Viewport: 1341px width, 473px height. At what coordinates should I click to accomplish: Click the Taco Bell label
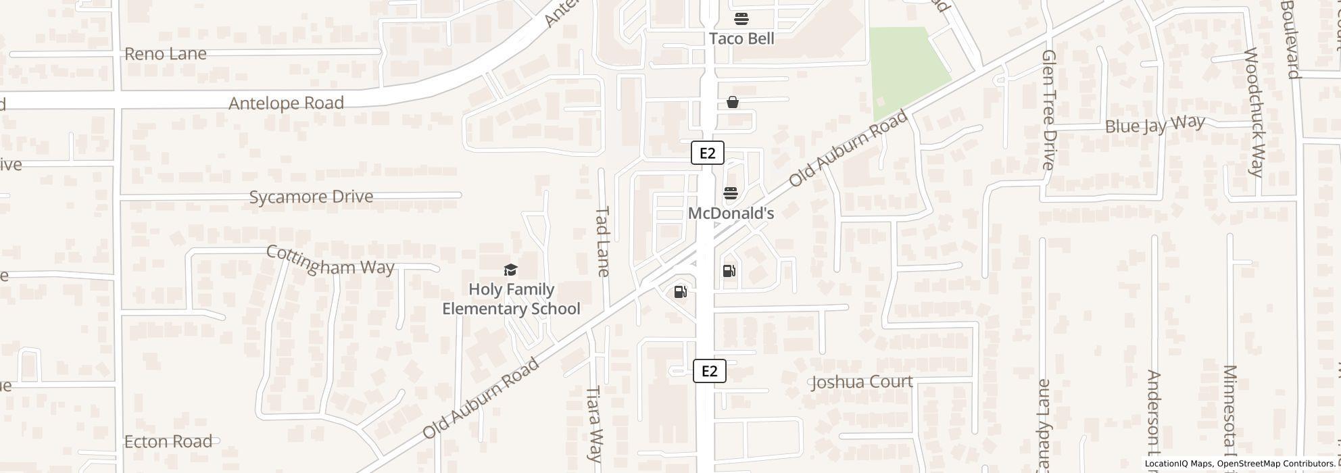click(741, 39)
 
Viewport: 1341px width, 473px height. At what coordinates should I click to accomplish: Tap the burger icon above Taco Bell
click(741, 18)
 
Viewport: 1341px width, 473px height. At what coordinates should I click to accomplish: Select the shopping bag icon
click(732, 102)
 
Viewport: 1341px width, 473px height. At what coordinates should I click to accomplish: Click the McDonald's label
click(731, 214)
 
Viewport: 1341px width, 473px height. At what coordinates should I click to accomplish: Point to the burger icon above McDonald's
click(730, 193)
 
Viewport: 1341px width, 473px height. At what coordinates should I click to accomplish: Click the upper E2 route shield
click(707, 153)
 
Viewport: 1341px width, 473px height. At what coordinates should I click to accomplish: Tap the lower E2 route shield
click(709, 371)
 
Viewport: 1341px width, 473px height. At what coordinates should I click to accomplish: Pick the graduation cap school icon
click(510, 270)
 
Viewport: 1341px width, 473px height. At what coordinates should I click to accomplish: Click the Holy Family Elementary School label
click(511, 299)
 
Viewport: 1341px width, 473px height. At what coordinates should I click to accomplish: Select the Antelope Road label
click(286, 103)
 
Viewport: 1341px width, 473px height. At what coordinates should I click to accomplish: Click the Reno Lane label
click(166, 54)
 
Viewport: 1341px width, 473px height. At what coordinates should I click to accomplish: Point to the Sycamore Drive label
click(311, 197)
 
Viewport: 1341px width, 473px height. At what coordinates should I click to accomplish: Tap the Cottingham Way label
click(330, 261)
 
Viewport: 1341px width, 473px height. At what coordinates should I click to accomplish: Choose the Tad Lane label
click(602, 241)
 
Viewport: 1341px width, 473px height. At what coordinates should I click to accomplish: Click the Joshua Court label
click(862, 382)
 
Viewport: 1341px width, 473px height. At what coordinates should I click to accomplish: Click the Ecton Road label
click(168, 442)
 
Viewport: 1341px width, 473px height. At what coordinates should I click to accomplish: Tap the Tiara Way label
click(593, 424)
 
